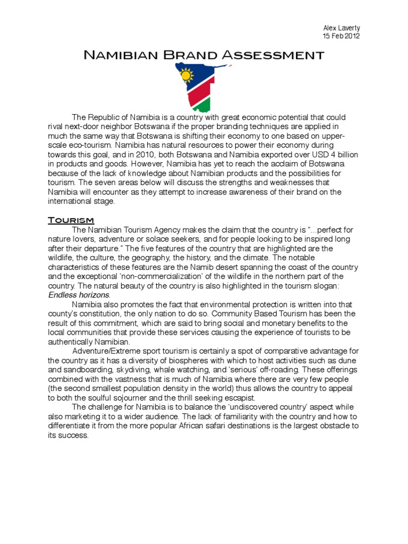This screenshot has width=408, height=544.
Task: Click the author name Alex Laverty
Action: pyautogui.click(x=341, y=27)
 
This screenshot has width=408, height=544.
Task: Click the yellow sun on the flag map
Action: pyautogui.click(x=186, y=75)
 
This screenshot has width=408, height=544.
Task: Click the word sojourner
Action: pyautogui.click(x=140, y=398)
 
